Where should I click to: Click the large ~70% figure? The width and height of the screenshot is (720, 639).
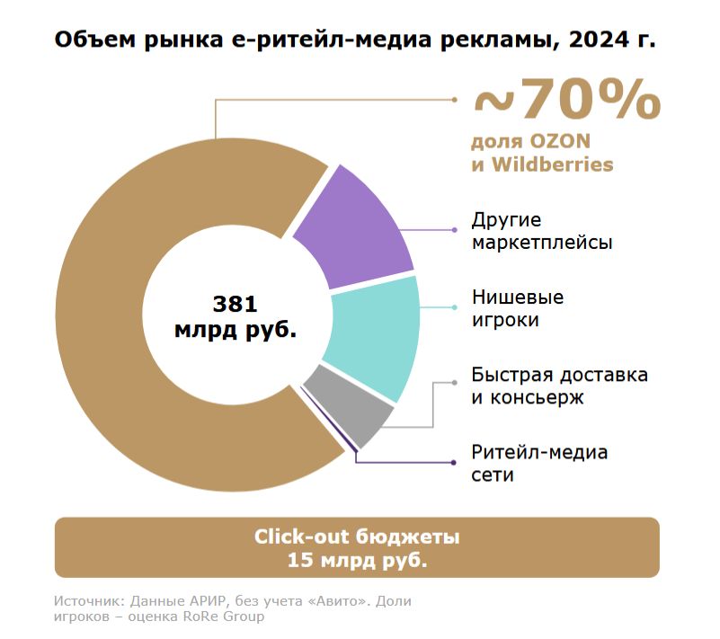tap(566, 101)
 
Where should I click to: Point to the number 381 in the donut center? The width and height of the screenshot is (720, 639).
tap(236, 303)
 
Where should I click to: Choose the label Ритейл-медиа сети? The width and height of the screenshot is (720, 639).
tap(539, 463)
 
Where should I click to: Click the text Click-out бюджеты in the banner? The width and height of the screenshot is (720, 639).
tap(357, 537)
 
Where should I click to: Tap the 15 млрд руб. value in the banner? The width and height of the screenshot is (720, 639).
tap(357, 561)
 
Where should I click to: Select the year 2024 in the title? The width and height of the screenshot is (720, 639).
tap(597, 40)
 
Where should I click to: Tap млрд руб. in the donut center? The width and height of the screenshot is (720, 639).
tap(236, 330)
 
